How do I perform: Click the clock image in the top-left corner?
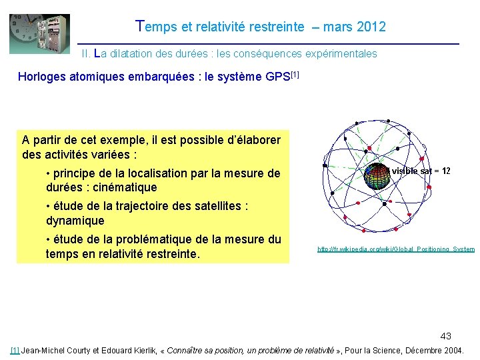(39, 34)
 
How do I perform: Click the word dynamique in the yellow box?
(75, 221)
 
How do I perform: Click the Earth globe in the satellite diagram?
(379, 175)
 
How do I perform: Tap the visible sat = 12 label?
(421, 171)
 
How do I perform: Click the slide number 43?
(445, 336)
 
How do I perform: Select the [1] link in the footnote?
(15, 350)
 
